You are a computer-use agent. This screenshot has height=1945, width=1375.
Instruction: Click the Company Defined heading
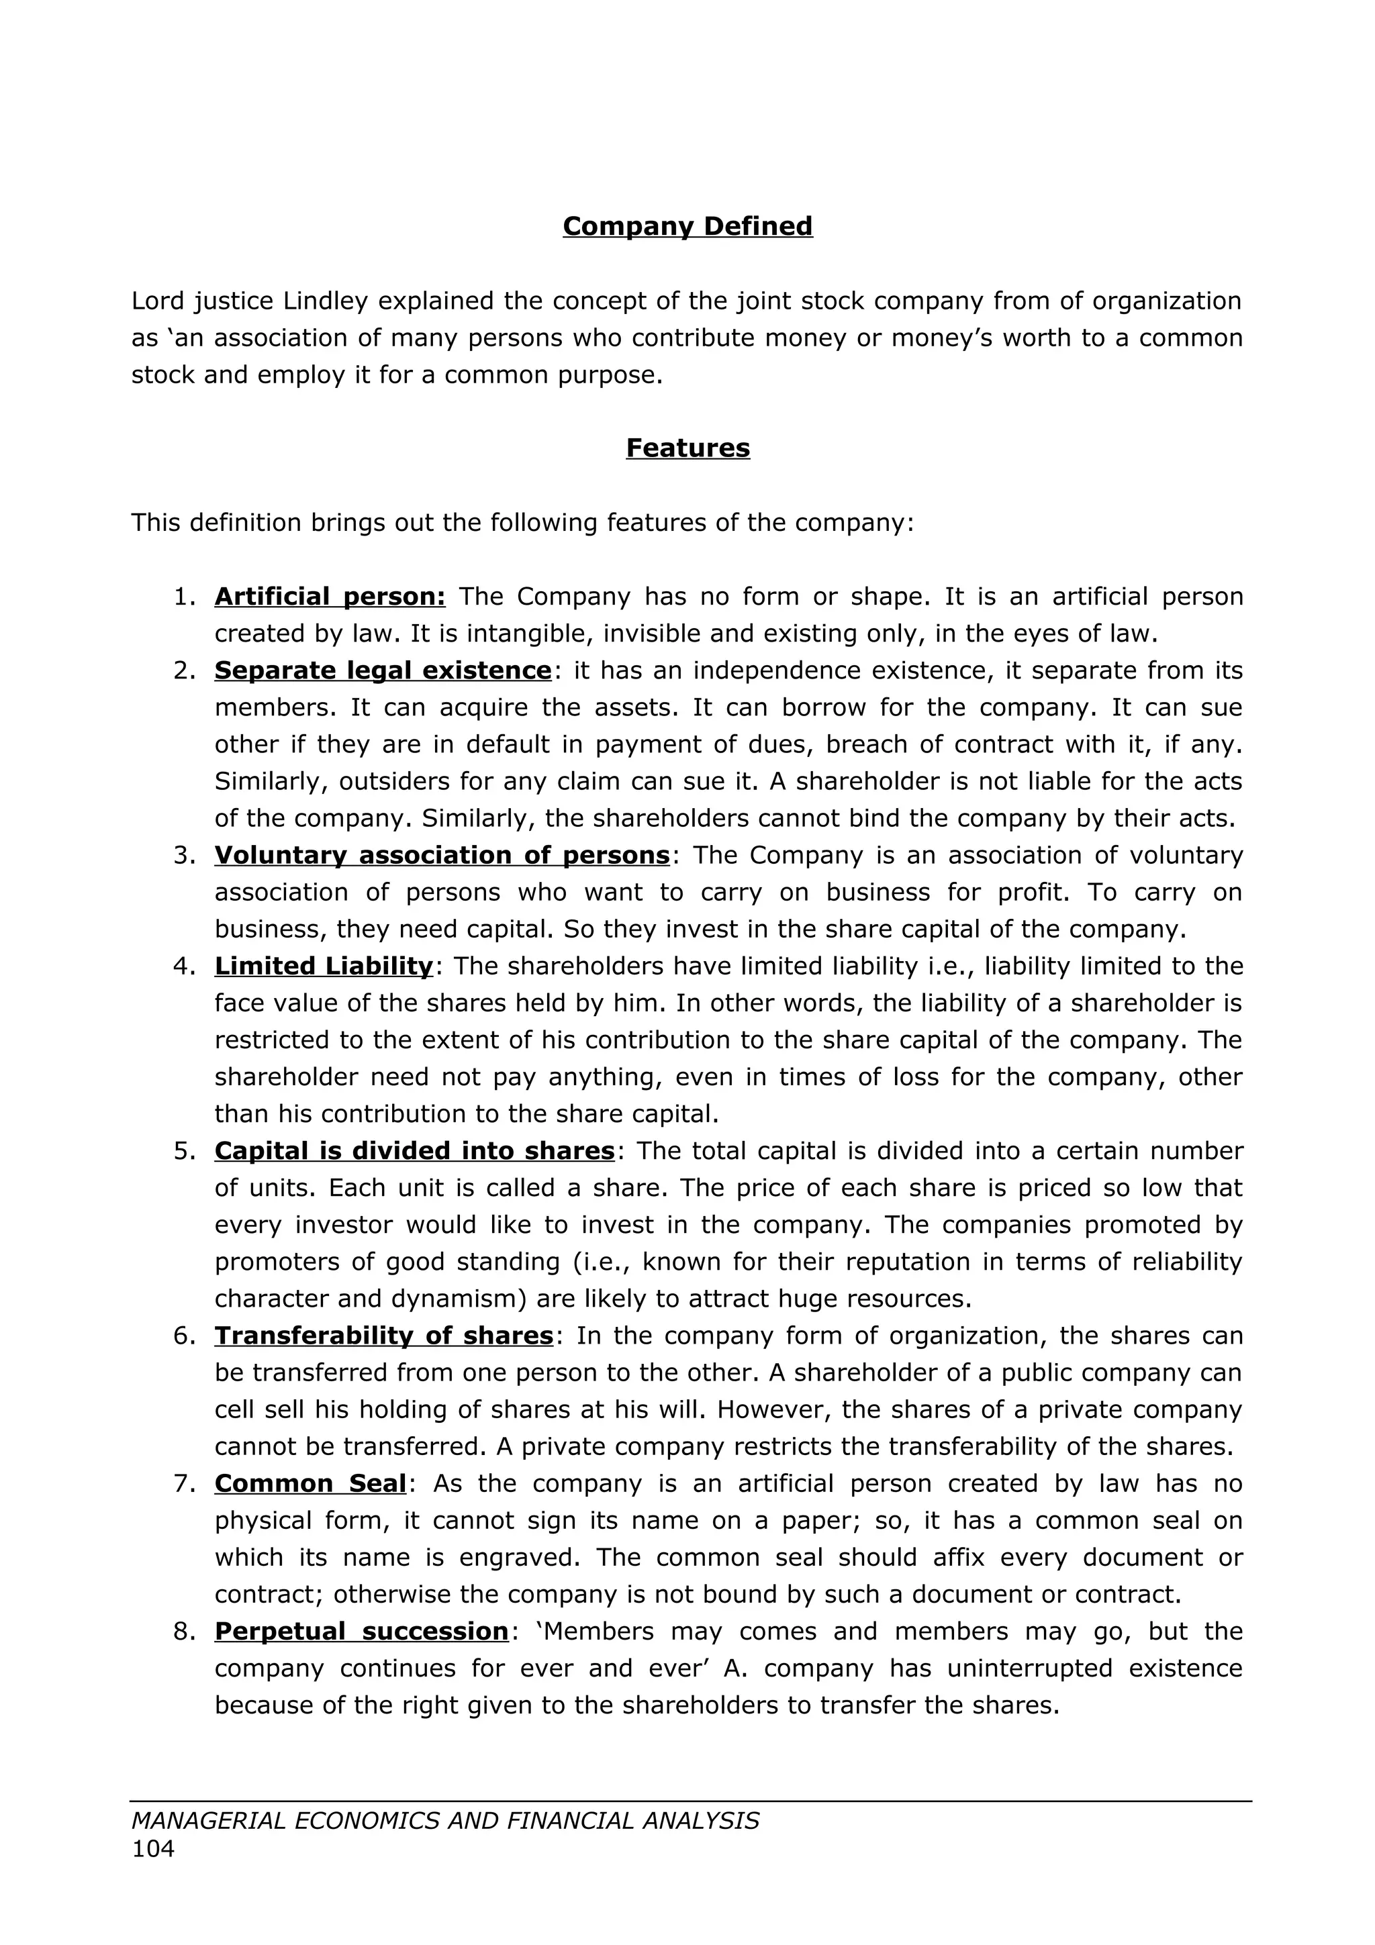tap(687, 226)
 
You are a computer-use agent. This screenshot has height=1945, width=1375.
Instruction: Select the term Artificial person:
tap(330, 597)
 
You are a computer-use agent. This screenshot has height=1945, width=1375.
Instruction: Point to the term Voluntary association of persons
tap(441, 855)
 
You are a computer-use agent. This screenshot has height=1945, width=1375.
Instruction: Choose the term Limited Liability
tap(324, 966)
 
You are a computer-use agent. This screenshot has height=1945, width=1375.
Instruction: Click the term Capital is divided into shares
tap(414, 1150)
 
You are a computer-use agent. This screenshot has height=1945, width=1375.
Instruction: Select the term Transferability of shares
tap(383, 1335)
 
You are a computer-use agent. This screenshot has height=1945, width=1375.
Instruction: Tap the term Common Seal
tap(310, 1483)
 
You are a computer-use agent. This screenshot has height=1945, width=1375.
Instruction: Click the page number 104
tap(152, 1848)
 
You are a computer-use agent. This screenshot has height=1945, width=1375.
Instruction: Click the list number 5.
tap(183, 1150)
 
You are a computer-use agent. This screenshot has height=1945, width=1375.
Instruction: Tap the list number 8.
tap(183, 1631)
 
